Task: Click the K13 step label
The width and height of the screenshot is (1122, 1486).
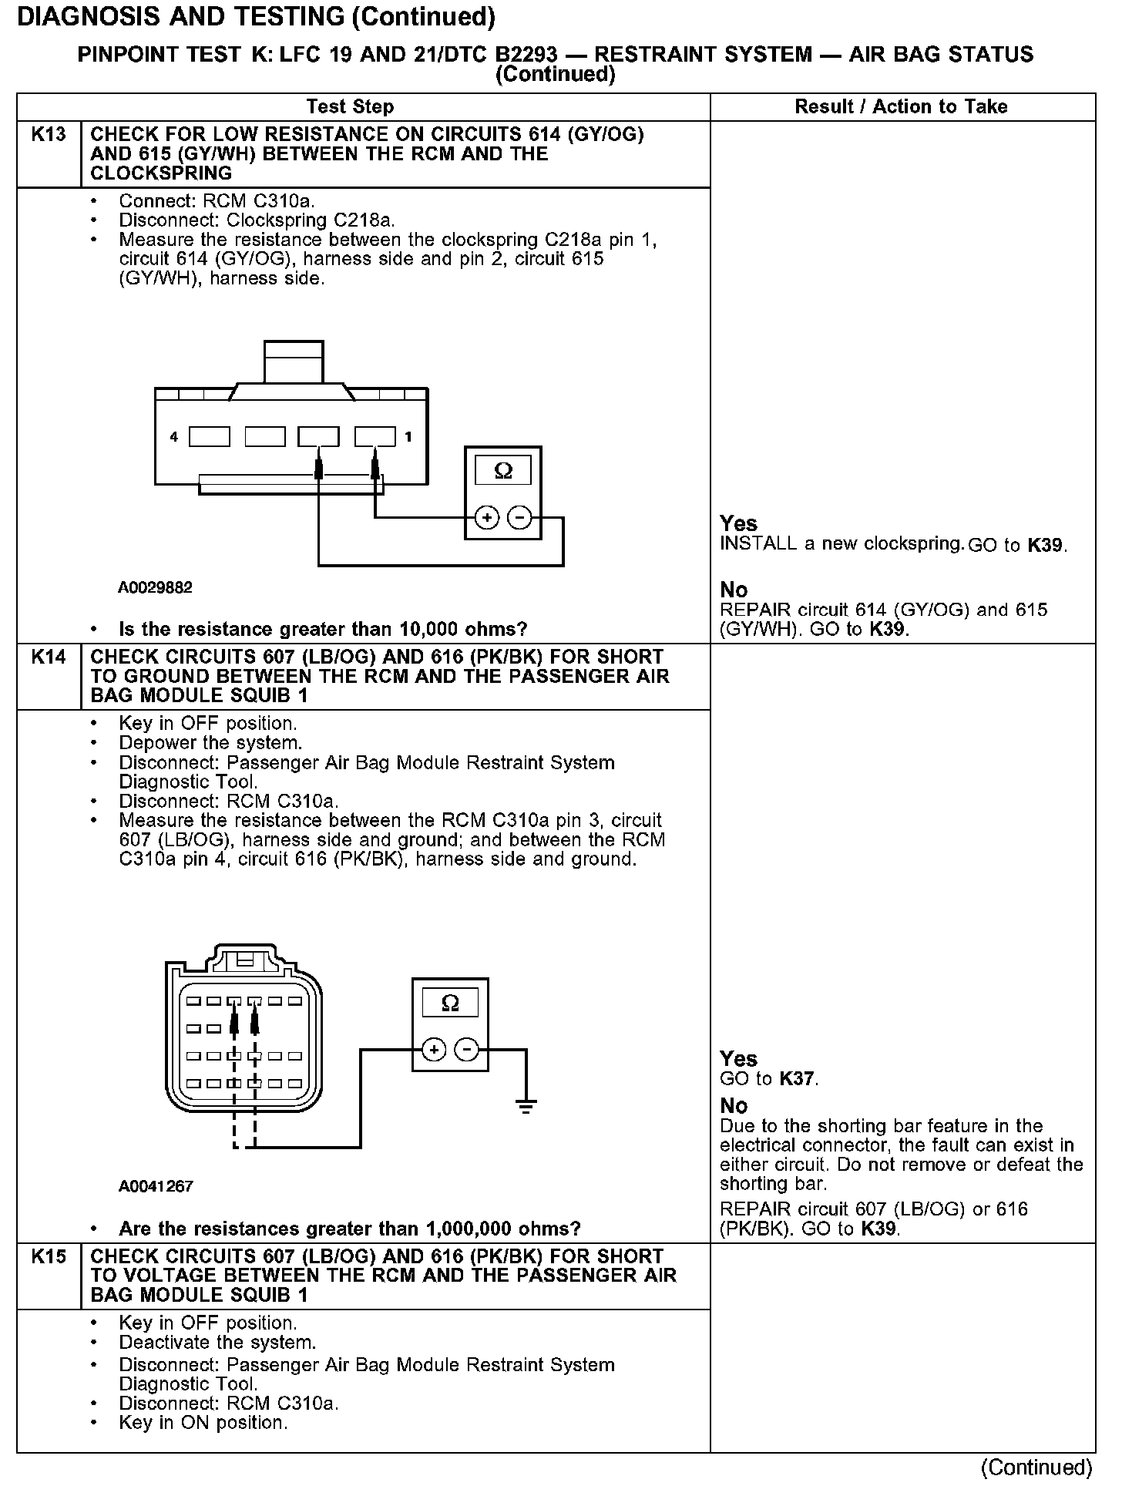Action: [48, 135]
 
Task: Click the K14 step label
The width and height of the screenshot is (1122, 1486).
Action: [48, 657]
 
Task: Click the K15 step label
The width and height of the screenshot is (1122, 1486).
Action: [48, 1256]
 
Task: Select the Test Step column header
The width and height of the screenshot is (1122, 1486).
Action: [350, 107]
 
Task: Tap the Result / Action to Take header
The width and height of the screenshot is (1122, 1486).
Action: [901, 107]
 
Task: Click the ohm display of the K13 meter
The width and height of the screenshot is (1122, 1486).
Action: [502, 470]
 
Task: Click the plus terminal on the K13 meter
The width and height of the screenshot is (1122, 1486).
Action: [486, 517]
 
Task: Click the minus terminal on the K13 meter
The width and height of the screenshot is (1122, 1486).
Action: [521, 517]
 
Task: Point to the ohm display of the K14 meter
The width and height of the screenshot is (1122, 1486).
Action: [450, 1003]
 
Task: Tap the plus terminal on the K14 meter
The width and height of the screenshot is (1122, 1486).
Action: [434, 1049]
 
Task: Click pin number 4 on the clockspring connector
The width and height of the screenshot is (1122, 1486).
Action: [174, 437]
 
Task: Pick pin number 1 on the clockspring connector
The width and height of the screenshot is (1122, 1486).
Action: [408, 437]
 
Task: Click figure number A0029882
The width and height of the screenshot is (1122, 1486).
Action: [155, 588]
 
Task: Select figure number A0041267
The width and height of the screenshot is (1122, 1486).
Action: [155, 1186]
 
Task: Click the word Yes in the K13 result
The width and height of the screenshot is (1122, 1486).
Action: [738, 523]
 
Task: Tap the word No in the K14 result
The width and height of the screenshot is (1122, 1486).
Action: [734, 1106]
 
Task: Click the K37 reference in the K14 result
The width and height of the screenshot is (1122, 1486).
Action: [797, 1079]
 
